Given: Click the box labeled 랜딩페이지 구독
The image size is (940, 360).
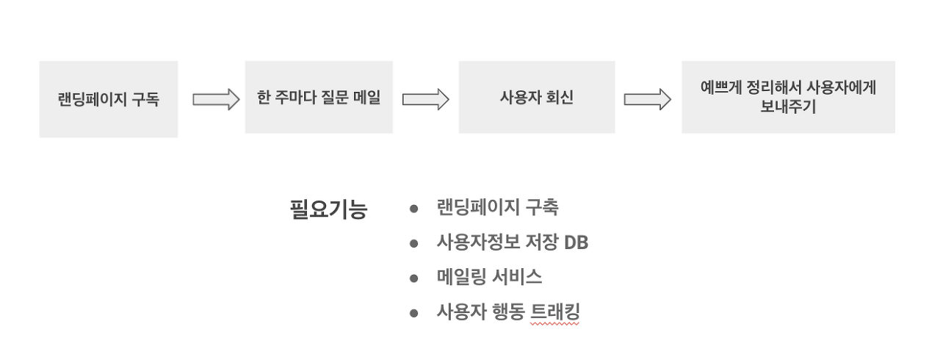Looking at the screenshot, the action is pyautogui.click(x=109, y=99).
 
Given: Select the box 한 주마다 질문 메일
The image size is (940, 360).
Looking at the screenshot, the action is pyautogui.click(x=319, y=98).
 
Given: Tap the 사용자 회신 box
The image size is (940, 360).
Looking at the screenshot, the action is pyautogui.click(x=536, y=98).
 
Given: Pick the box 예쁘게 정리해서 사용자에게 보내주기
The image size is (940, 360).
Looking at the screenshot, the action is pyautogui.click(x=788, y=97).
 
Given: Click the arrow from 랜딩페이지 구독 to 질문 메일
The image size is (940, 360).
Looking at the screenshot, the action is pyautogui.click(x=216, y=99).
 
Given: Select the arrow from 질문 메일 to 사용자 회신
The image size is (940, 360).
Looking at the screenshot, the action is pyautogui.click(x=425, y=99).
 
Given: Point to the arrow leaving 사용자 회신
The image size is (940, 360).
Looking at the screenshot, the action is pyautogui.click(x=647, y=99).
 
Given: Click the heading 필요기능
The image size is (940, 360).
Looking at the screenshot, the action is pyautogui.click(x=328, y=209).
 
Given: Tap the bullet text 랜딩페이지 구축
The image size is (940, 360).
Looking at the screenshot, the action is pyautogui.click(x=497, y=208).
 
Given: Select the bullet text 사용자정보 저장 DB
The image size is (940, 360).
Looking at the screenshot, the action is pyautogui.click(x=512, y=242).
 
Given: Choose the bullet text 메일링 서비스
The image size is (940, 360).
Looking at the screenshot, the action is pyautogui.click(x=489, y=277).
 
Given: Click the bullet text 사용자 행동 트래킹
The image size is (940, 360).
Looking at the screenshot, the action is pyautogui.click(x=508, y=312).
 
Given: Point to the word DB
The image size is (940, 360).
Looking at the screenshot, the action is pyautogui.click(x=576, y=242).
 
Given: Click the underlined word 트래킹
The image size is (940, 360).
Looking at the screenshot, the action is pyautogui.click(x=554, y=312).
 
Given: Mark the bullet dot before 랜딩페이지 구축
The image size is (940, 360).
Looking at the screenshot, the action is pyautogui.click(x=414, y=209).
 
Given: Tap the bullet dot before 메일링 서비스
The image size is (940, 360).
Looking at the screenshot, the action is pyautogui.click(x=414, y=278).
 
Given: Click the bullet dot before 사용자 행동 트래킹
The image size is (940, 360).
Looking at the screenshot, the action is pyautogui.click(x=414, y=313).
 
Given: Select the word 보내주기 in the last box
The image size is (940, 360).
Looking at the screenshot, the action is pyautogui.click(x=788, y=107).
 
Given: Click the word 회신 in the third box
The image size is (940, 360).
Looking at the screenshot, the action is pyautogui.click(x=558, y=98).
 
